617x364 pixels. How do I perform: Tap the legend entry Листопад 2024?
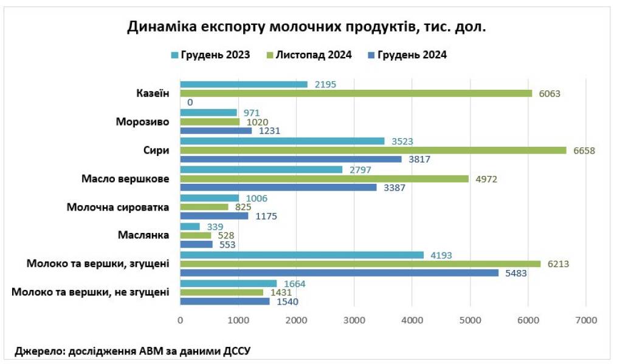coord(313,55)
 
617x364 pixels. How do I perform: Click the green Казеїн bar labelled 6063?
coord(356,93)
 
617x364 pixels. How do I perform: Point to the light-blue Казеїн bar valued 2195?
coord(243,84)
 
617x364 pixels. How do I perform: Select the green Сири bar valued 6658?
coord(373,150)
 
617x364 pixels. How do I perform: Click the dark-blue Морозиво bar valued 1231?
coord(216,130)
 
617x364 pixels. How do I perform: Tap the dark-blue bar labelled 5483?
coord(339,273)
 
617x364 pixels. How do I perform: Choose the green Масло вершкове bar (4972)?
coord(324,178)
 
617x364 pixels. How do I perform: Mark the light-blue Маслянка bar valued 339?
coord(190,226)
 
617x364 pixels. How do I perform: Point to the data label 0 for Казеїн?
coord(190,103)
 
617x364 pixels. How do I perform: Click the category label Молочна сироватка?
coord(117,207)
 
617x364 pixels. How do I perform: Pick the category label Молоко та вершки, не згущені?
coord(90,292)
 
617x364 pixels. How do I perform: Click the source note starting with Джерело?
coord(133,351)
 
